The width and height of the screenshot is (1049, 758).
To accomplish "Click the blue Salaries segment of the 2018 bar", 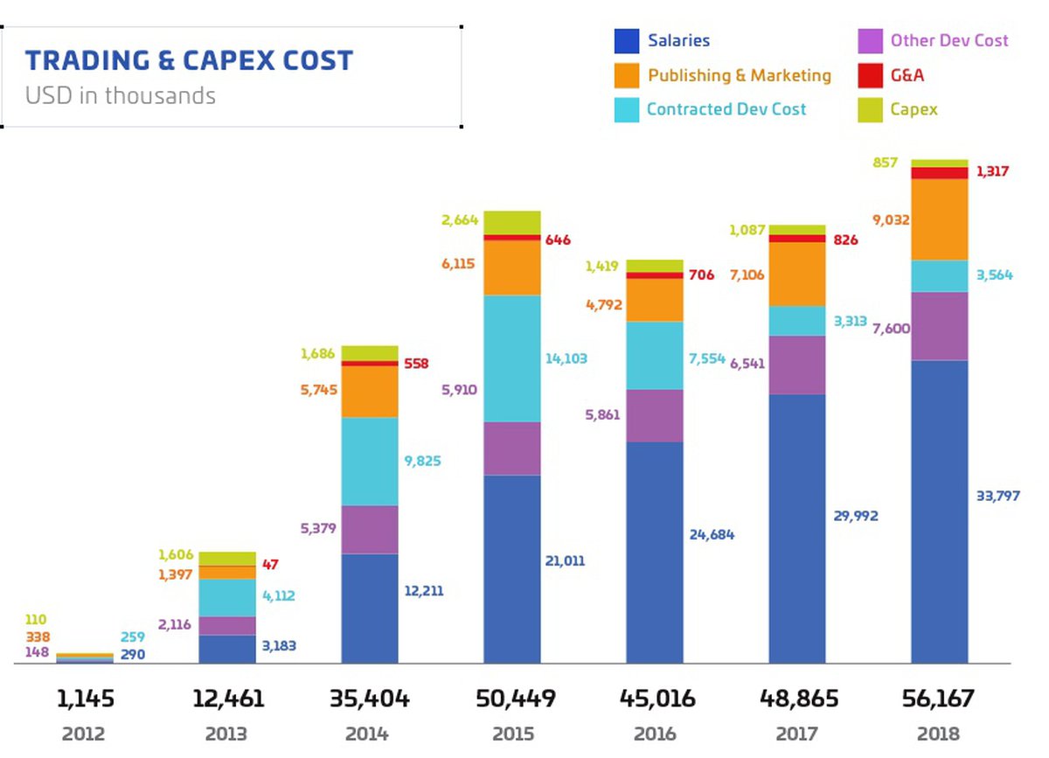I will click(x=940, y=511).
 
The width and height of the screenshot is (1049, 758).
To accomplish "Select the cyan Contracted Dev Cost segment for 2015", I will click(x=512, y=358).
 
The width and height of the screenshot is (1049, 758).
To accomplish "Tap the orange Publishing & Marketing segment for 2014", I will click(x=370, y=391).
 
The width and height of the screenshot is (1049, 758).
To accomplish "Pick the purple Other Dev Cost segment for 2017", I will click(x=797, y=365).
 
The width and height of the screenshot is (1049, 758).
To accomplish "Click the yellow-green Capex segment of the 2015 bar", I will click(x=512, y=222).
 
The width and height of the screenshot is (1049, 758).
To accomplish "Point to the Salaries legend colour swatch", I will click(x=627, y=41).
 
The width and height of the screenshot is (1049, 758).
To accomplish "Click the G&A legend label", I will click(x=907, y=75).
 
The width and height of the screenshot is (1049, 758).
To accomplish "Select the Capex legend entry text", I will click(x=914, y=109).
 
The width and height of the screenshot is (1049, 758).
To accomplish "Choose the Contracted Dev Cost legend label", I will click(x=726, y=109).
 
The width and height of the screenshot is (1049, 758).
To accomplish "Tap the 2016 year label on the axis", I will click(x=655, y=734).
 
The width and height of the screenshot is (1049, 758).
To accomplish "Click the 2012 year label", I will click(x=85, y=734).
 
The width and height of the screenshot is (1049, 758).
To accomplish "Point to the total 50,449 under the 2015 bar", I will click(x=512, y=699).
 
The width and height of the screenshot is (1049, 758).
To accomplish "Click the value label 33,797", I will click(x=997, y=497).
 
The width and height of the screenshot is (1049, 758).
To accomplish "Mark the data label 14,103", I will click(x=566, y=358).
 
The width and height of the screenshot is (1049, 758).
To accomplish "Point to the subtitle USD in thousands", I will click(x=120, y=95).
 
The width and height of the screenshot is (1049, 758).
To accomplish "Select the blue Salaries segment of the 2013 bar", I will click(x=227, y=649).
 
